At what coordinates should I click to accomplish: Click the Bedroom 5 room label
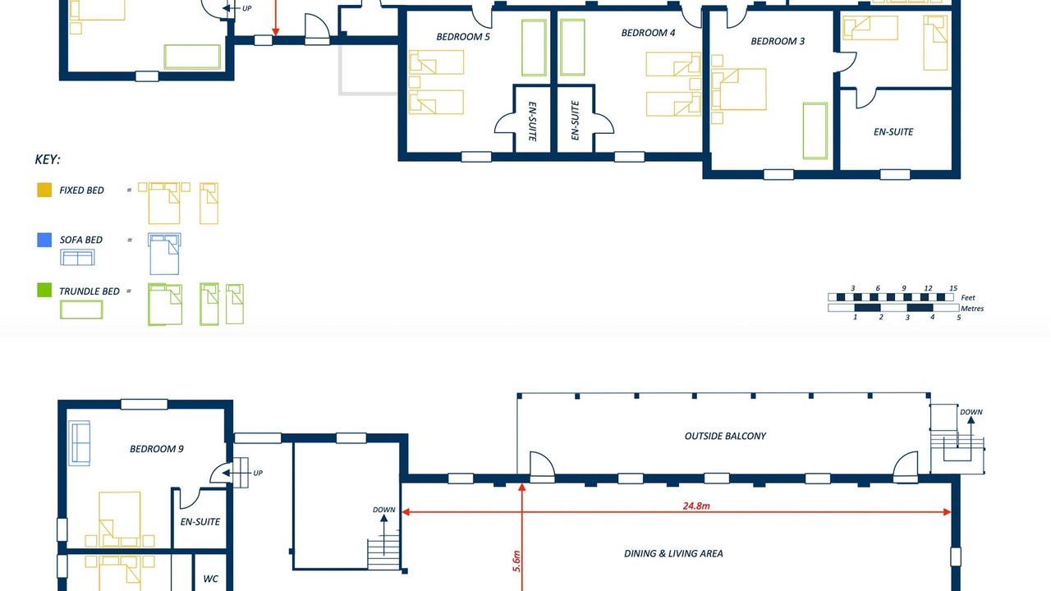coord(463,37)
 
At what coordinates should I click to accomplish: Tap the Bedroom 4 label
coord(648,33)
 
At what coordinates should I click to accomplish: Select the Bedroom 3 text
coord(778,41)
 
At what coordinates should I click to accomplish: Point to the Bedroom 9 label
coord(156,449)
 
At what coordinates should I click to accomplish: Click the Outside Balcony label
coord(725,436)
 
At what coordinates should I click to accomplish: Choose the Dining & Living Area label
coord(673,553)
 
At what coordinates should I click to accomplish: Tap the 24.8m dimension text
coord(696,506)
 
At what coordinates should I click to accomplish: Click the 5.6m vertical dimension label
coord(516,561)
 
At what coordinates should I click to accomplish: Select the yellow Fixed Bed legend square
coord(44,190)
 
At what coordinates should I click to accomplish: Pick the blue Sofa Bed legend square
coord(44,240)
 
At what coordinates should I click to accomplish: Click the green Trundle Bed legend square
coord(44,290)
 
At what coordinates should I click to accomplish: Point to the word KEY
coord(48,159)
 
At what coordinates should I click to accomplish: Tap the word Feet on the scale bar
coord(967,297)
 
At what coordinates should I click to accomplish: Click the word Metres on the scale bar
coord(971,308)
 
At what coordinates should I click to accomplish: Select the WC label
coord(211,579)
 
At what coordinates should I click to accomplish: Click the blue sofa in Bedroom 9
coord(80,443)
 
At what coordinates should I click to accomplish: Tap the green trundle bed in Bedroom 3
coord(815,131)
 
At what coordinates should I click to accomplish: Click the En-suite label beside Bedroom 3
coord(893,132)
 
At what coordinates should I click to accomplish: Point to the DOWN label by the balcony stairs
coord(971,412)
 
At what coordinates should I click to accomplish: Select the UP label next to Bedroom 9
coord(258,473)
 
